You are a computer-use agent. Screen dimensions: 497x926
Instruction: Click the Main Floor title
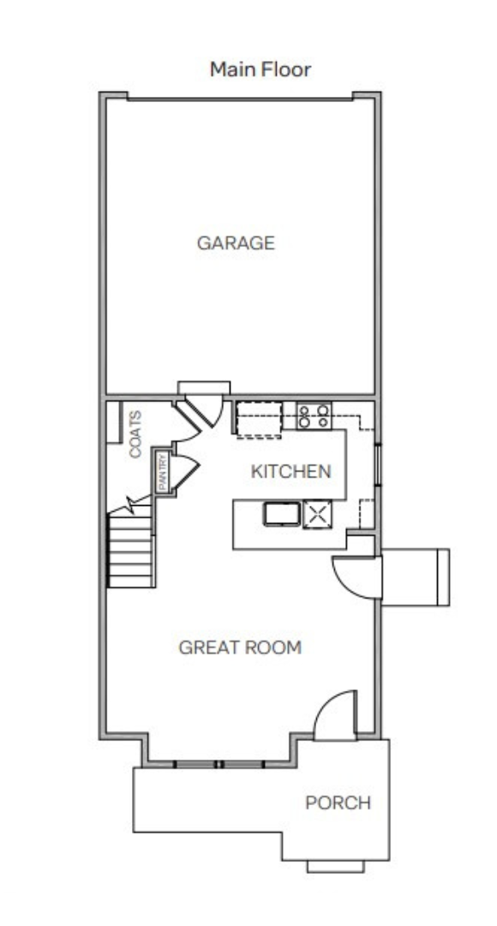(x=260, y=69)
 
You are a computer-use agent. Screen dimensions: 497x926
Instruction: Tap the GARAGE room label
(x=237, y=243)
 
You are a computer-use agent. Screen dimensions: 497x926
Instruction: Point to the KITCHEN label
(x=291, y=472)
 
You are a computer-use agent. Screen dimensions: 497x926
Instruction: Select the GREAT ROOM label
(x=240, y=647)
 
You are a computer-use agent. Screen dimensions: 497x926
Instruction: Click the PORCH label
(x=338, y=803)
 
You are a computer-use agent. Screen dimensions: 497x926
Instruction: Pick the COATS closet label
(x=135, y=434)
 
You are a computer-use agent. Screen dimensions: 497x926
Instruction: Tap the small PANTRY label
(x=162, y=472)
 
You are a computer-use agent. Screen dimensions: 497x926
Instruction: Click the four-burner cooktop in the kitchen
(x=314, y=415)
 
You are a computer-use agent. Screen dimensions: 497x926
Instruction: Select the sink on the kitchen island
(x=282, y=514)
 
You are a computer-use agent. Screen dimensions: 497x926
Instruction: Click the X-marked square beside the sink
(x=317, y=514)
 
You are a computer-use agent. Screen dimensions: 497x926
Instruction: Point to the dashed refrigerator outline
(x=259, y=419)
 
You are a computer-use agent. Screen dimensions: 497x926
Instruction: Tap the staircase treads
(x=131, y=551)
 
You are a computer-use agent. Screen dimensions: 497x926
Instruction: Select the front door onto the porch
(x=335, y=715)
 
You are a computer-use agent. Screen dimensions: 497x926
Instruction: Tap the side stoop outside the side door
(x=416, y=578)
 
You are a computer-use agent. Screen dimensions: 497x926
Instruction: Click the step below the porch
(x=335, y=866)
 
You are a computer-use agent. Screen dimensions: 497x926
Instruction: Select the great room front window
(x=219, y=764)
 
